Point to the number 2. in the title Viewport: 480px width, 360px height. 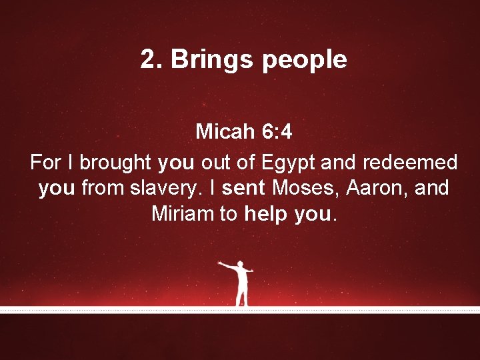pyautogui.click(x=151, y=60)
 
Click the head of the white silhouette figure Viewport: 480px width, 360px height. pyautogui.click(x=240, y=265)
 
